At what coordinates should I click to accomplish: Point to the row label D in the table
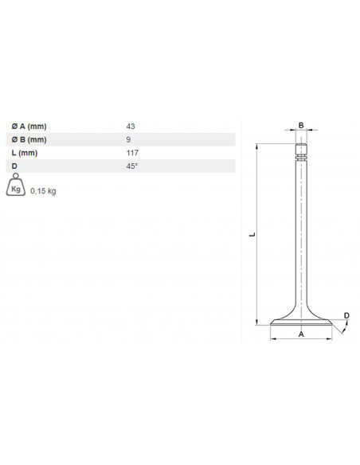coord(15,166)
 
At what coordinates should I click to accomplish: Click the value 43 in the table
coord(131,127)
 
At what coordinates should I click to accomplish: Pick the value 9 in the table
coord(128,139)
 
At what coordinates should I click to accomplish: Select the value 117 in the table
coord(132,153)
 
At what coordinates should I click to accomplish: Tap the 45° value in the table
coord(131,166)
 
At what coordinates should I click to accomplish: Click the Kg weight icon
coord(16,188)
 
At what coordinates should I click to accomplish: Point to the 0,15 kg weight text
coord(43,191)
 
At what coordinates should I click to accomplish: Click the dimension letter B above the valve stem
coord(301,125)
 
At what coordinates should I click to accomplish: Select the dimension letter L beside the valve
coord(252,235)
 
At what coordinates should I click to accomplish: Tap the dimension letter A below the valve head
coord(301,334)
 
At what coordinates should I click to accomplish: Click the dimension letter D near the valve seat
coord(346,316)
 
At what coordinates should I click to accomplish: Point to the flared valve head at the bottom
coord(301,322)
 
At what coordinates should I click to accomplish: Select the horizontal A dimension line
coord(301,341)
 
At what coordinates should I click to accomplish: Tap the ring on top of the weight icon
coord(14,177)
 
